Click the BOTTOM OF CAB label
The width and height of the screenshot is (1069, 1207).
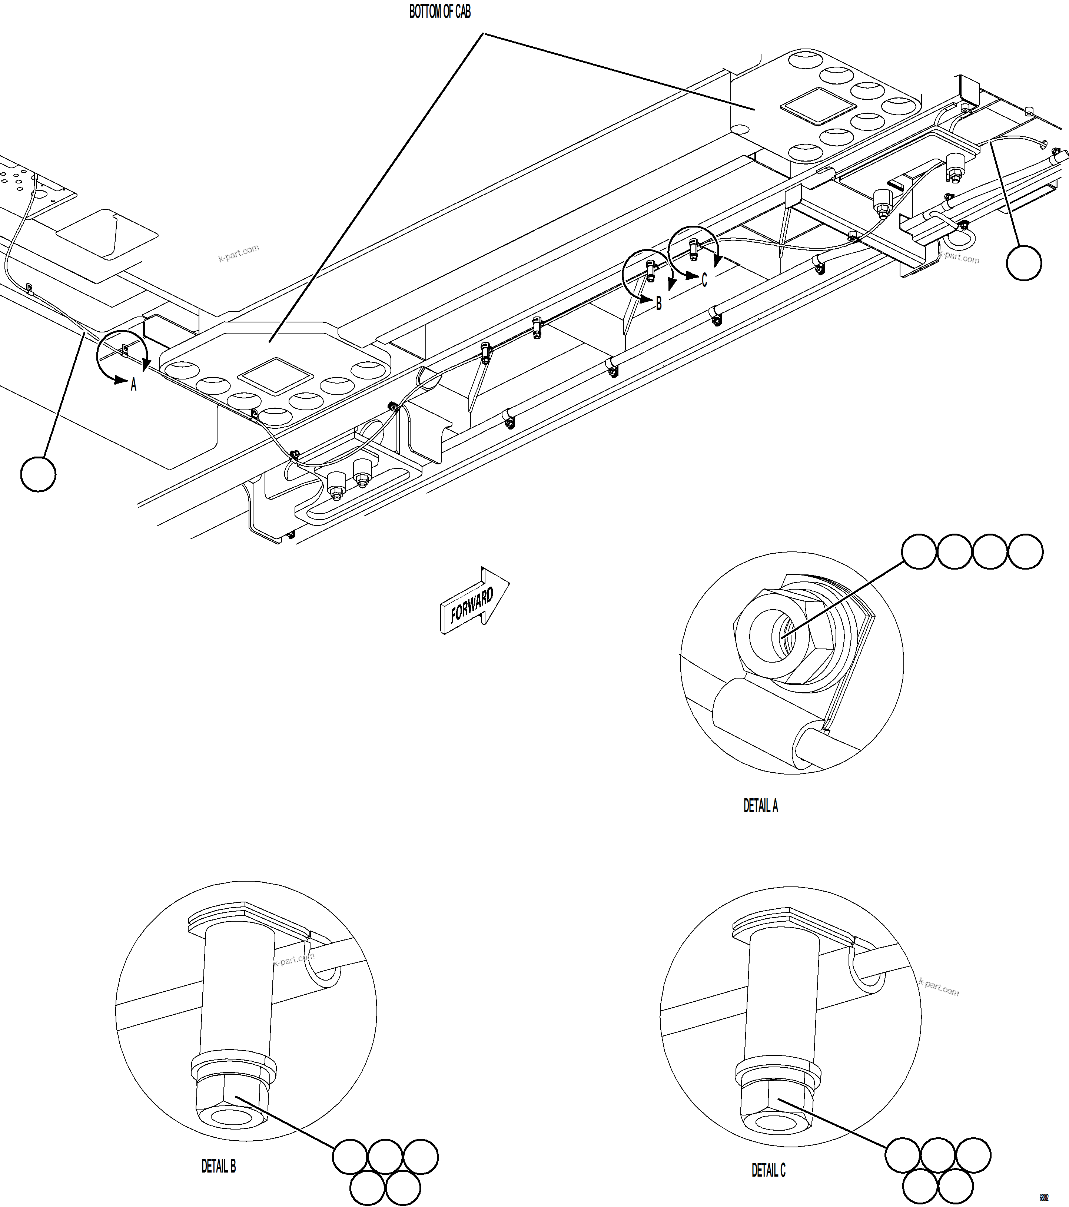[x=440, y=12]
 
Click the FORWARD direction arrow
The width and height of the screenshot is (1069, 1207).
[x=474, y=602]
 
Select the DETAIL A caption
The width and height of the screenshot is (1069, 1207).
[x=760, y=805]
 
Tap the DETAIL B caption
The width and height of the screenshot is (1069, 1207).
[x=218, y=1166]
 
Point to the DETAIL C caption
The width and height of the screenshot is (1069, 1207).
[x=768, y=1170]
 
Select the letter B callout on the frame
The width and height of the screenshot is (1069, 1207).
[x=659, y=304]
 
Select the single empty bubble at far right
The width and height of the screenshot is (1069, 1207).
[x=1023, y=263]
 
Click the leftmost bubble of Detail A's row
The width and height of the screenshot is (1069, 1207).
[x=919, y=551]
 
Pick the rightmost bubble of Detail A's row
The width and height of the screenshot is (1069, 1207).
[x=1025, y=551]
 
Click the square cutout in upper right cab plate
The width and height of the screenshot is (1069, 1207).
[x=817, y=106]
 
